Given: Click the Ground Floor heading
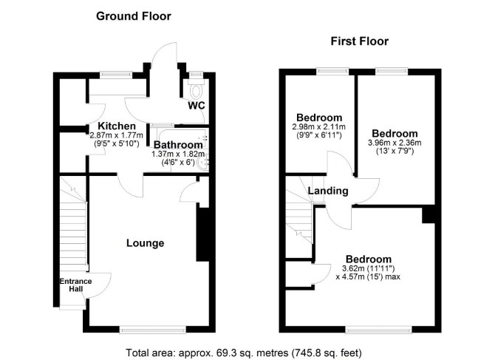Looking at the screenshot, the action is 134,16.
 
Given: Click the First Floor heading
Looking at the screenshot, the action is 360,41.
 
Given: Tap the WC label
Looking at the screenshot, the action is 197,106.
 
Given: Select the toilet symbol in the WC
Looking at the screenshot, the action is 197,89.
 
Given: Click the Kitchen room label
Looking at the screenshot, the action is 117,126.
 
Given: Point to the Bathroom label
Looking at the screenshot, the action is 178,145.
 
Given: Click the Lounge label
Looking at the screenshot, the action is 146,243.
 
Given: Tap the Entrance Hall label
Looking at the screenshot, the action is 76,285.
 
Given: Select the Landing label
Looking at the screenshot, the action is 328,191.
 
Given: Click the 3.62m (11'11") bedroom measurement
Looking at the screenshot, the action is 369,269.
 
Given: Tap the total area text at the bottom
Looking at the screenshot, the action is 244,353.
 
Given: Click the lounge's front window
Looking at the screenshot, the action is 153,330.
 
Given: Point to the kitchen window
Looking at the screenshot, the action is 115,75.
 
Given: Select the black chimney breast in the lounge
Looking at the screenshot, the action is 202,234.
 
